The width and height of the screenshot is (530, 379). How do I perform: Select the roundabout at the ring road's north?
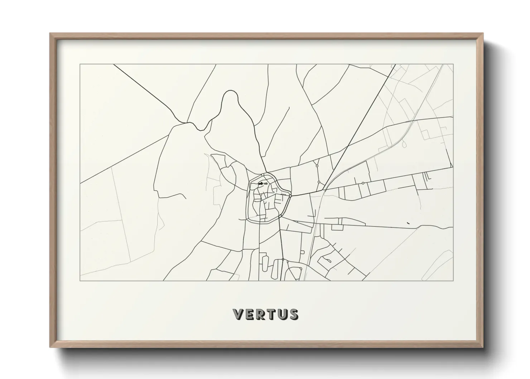pos(262,174)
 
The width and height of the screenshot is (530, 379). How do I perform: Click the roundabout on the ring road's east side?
pos(290,196)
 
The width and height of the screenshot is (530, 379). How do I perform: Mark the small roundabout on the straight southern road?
pos(283,259)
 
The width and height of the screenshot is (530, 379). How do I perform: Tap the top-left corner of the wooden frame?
pos(51,34)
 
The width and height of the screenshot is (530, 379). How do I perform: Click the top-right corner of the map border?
pos(453,64)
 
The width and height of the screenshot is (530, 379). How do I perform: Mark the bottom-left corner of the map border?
pos(80,281)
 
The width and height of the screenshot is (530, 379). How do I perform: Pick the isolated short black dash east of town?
pos(408,223)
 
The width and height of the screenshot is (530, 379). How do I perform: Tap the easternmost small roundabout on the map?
pos(363,183)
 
